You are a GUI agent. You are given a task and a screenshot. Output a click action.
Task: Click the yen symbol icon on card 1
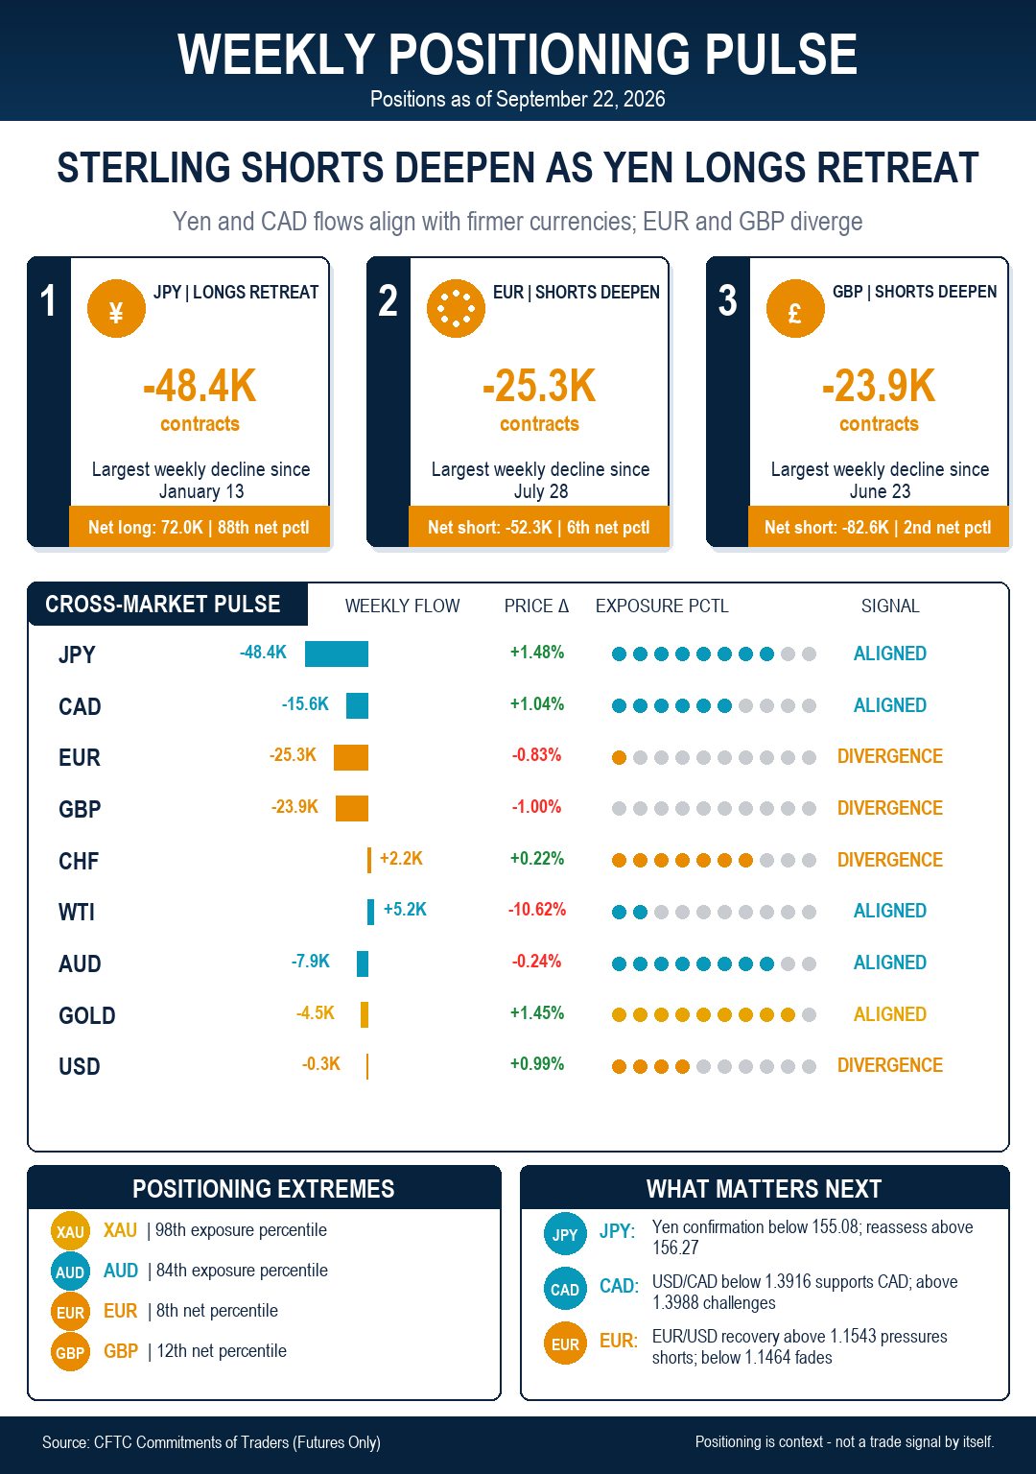point(116,309)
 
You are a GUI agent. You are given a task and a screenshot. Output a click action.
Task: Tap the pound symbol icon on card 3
point(795,309)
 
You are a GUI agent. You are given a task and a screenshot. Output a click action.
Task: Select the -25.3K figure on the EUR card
point(539,386)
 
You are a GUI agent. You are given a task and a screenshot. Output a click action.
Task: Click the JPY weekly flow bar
point(336,654)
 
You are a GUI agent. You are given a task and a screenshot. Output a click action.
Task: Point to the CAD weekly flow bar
point(357,705)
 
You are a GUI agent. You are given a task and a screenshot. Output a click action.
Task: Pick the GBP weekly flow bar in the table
point(352,808)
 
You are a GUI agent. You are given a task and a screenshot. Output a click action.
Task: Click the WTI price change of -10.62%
point(537,910)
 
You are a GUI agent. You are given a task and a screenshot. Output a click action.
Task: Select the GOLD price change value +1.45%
point(537,1012)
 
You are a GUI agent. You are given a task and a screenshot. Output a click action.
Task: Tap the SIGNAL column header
point(890,606)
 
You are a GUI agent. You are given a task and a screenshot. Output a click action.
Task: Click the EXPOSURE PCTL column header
point(662,606)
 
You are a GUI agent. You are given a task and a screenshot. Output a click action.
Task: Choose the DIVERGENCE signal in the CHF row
point(890,860)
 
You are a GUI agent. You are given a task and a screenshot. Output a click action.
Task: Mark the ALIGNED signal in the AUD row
point(890,963)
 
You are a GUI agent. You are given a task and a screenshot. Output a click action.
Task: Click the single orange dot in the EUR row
point(619,757)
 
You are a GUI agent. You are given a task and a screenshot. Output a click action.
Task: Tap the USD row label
point(79,1066)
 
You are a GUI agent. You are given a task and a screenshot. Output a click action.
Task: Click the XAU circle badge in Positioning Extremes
point(70,1230)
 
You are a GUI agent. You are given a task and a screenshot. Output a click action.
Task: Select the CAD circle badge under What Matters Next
point(565,1289)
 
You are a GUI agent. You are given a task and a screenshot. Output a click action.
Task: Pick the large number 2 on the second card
point(388,300)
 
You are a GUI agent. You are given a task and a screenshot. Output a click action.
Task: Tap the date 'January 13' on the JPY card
point(201,491)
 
